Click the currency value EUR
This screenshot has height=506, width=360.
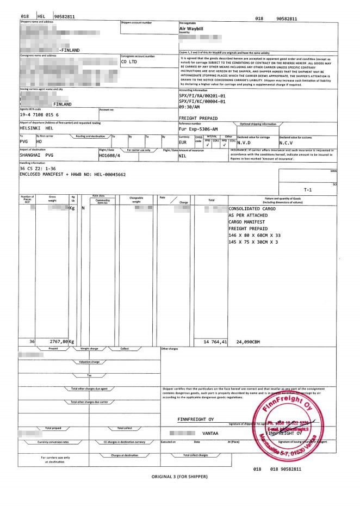[183, 143]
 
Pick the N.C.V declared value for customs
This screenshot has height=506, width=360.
[288, 143]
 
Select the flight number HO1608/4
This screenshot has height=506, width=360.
[109, 155]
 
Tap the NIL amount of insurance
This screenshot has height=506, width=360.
[183, 156]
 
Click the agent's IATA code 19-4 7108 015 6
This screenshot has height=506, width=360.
[43, 115]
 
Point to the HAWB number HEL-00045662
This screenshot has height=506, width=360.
[105, 174]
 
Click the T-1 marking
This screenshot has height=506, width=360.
[308, 190]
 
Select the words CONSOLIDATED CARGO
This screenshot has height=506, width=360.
[252, 208]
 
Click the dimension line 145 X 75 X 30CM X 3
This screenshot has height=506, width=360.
[253, 242]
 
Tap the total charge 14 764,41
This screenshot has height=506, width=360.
[214, 342]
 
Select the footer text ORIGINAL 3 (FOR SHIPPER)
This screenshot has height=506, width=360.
[179, 477]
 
